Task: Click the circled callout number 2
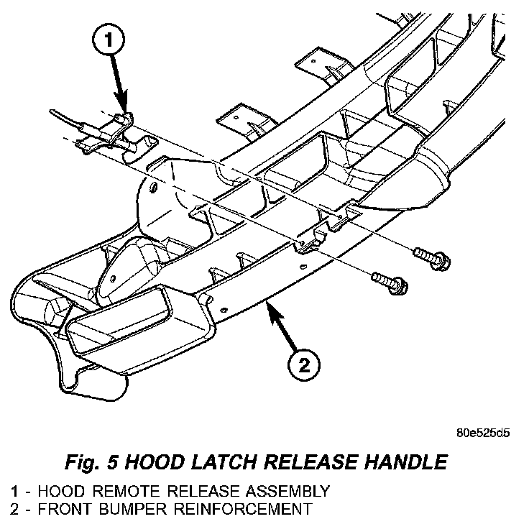tap(304, 364)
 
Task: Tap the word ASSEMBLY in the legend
tap(289, 492)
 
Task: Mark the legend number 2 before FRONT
tap(14, 510)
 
